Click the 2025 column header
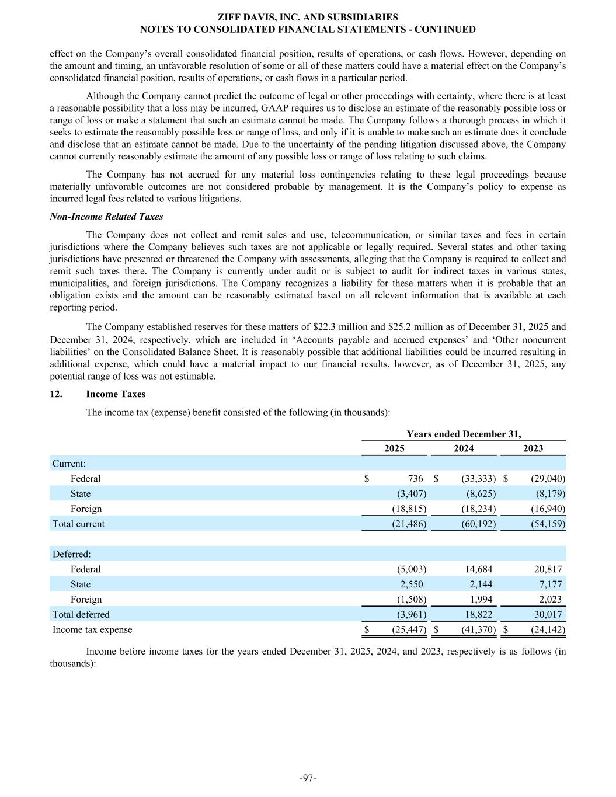coord(394,448)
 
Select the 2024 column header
coord(464,448)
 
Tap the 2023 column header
coord(533,448)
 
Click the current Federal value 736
coord(416,479)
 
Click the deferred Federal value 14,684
coord(477,569)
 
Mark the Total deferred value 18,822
coord(477,614)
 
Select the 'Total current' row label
coord(78,524)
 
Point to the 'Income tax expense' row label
coord(92,629)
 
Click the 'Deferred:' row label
coord(71,554)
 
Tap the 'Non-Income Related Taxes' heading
coord(106,217)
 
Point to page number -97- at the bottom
coord(308,778)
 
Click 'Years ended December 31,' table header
coord(464,434)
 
